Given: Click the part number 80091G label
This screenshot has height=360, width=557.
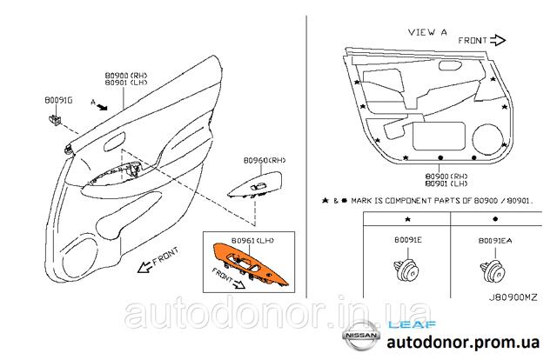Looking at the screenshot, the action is point(58,100).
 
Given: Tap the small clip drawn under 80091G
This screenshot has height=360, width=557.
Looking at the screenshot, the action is point(54,120).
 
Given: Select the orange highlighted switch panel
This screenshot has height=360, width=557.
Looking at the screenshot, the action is point(250,263).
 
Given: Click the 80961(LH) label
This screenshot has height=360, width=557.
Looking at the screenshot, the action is point(252,240).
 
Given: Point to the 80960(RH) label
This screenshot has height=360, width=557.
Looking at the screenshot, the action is point(265,161).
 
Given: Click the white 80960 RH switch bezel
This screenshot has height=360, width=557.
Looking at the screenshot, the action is point(255,184).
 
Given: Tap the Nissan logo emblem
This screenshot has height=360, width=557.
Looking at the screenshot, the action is point(361,335).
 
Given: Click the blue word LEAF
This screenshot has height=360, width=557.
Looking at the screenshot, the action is point(412,324).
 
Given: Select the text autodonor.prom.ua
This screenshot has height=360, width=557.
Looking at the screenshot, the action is point(463,343).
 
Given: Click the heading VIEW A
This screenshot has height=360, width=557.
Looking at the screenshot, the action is point(427,32).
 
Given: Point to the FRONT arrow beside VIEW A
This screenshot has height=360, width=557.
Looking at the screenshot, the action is point(498,41).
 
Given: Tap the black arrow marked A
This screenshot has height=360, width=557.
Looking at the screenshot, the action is point(102,106).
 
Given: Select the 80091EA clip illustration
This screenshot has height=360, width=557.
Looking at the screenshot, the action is point(493,272).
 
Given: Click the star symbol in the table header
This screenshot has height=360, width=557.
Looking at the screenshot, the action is point(408,219).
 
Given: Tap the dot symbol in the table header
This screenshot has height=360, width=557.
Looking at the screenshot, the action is point(495,219).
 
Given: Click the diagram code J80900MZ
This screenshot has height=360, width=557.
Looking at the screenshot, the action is point(513,297).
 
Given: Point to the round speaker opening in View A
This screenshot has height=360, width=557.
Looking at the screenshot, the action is point(487,139).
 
